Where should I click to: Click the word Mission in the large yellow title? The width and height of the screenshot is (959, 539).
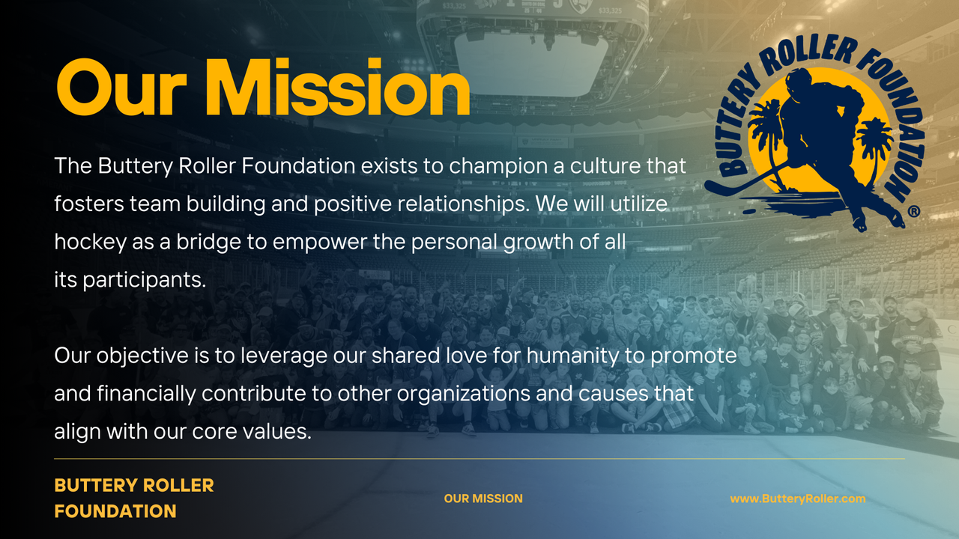point(338,88)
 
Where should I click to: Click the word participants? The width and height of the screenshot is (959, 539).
point(145,280)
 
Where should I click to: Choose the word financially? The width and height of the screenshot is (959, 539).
point(146,394)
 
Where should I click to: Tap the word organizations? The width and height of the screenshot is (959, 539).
point(463,394)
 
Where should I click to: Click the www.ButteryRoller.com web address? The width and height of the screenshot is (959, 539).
point(798,499)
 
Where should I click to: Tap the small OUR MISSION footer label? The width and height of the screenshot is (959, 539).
point(483,499)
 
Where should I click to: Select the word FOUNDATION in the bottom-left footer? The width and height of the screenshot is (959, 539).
point(115,511)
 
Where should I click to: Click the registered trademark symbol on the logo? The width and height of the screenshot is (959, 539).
point(913,211)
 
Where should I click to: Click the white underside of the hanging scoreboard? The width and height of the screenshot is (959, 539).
point(531,64)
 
